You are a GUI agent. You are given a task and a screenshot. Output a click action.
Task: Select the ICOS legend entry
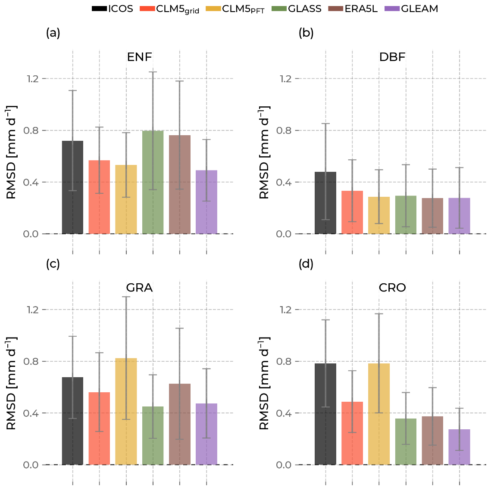click(113, 9)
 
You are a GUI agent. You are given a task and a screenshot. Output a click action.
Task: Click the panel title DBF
click(392, 57)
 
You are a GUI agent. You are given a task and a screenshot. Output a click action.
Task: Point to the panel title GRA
click(139, 288)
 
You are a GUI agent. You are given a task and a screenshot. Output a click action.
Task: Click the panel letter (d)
click(306, 264)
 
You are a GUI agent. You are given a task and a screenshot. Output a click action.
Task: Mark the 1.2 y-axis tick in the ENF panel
click(33, 79)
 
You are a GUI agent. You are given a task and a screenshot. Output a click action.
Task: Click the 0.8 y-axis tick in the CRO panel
click(286, 361)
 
